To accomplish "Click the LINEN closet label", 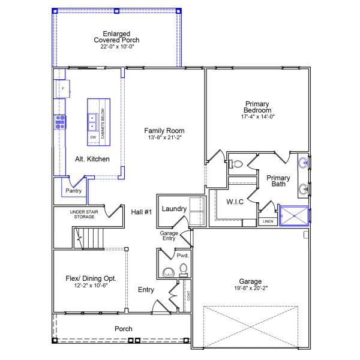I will point(268,221).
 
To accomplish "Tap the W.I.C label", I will point(234,202).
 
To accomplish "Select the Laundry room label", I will point(175,209).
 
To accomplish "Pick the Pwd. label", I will point(182,256).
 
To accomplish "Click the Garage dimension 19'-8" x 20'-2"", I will point(251,287).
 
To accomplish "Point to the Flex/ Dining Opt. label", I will point(91,278).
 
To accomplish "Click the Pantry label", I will point(73,191).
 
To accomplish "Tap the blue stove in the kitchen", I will point(60,122).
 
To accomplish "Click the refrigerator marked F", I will point(62,89).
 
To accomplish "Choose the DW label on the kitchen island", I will point(93,137).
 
